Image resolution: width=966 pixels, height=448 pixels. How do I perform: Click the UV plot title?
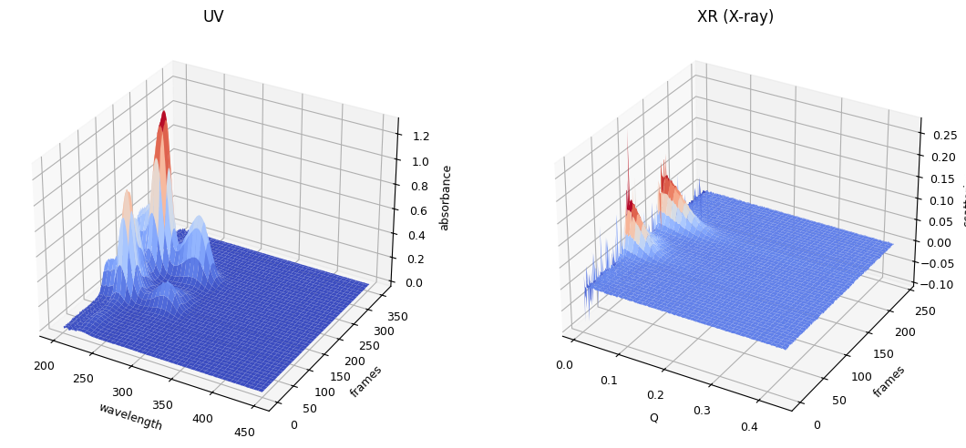point(213,16)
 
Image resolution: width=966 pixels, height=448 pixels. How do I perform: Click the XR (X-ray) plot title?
point(735,16)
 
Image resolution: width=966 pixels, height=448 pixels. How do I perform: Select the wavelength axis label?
point(130,416)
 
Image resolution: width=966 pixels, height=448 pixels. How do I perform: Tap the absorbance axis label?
point(446,198)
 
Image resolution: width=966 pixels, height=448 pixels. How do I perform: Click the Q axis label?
point(653,417)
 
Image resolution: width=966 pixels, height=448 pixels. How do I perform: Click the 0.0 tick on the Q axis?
point(564,365)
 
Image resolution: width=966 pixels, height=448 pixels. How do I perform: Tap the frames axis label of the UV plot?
point(366,381)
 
